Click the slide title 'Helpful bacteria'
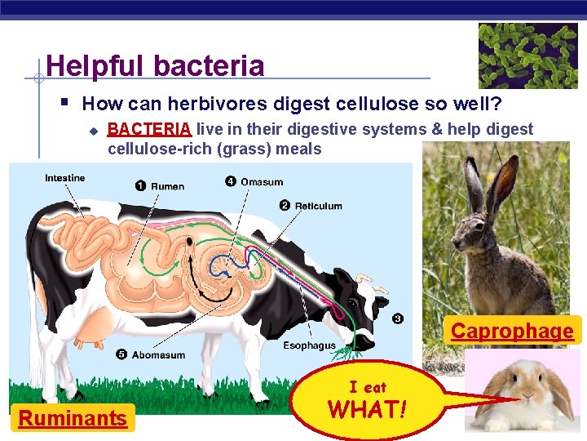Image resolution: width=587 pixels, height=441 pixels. tap(155, 65)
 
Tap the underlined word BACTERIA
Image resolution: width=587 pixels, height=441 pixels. tap(149, 129)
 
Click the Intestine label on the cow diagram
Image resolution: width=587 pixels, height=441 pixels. tap(64, 178)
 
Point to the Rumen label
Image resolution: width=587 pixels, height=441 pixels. tap(167, 186)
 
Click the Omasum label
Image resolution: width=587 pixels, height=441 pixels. tap(262, 182)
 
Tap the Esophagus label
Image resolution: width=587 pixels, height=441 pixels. tap(309, 345)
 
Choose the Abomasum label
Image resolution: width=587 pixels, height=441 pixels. tap(158, 355)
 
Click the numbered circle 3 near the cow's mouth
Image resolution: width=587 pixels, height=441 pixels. tap(397, 318)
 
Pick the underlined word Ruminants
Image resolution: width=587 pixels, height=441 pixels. tap(73, 419)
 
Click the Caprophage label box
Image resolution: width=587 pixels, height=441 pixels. tap(512, 331)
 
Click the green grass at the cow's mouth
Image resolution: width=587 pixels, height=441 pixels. tap(351, 350)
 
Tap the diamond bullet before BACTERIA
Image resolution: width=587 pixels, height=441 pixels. tap(94, 130)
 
